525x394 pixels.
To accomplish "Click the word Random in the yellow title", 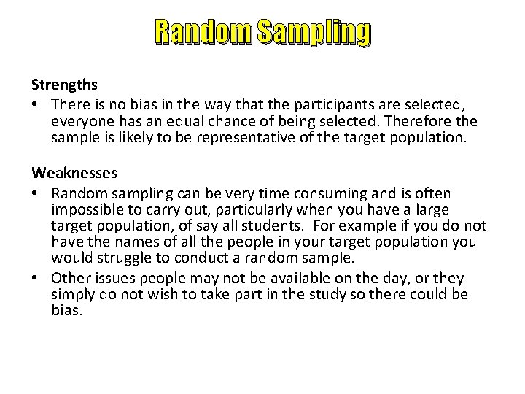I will (x=195, y=32).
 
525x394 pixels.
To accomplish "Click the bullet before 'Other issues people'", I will (x=36, y=278).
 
